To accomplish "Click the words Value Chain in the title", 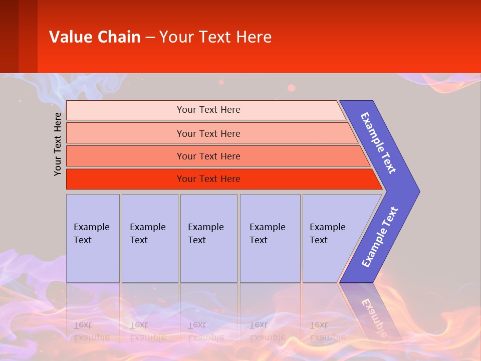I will pos(95,37).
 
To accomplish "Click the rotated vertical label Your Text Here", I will pos(58,144).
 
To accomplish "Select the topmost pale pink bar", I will pos(205,110).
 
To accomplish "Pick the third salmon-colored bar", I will pos(215,156).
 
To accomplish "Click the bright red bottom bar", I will pos(220,179).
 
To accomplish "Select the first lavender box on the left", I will pos(93,238).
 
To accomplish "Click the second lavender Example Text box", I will pos(149,238).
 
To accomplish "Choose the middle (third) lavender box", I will pos(208,238).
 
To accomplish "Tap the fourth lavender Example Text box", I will pos(270,238).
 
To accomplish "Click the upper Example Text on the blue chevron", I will pos(378,143).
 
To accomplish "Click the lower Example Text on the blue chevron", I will pos(380,237).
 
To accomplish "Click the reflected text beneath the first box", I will pos(91,331).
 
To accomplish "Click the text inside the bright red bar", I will pos(208,179).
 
